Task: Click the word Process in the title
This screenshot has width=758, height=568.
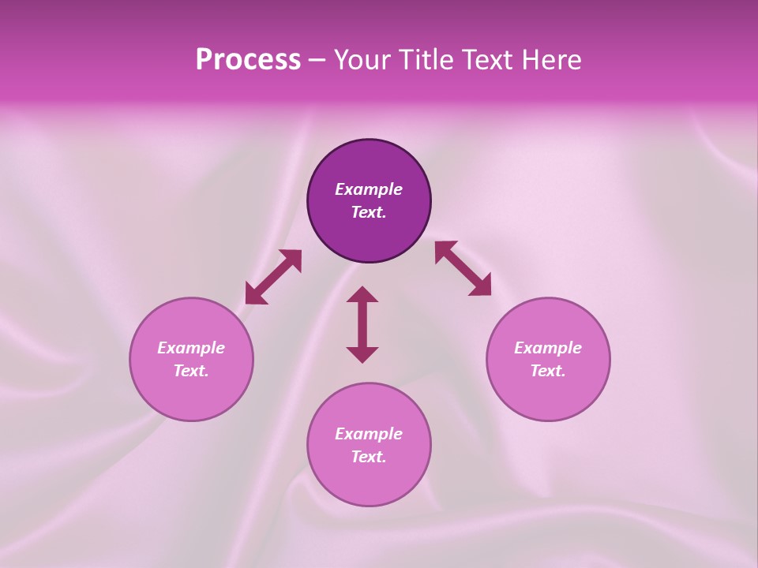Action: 248,60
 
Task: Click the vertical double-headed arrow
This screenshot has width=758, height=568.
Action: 362,324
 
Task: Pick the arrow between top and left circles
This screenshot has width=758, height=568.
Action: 273,277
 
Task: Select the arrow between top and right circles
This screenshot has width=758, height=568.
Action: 463,268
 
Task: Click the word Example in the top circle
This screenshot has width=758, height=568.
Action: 369,189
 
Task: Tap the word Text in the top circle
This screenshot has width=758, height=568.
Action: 369,212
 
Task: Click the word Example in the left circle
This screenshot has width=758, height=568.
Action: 191,348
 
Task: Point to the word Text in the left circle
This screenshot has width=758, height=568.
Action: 191,371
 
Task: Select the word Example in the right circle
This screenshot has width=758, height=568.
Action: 548,348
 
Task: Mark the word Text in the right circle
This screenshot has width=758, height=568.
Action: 548,371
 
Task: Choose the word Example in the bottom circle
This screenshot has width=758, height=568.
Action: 369,434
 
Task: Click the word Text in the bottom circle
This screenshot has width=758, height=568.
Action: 369,457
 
